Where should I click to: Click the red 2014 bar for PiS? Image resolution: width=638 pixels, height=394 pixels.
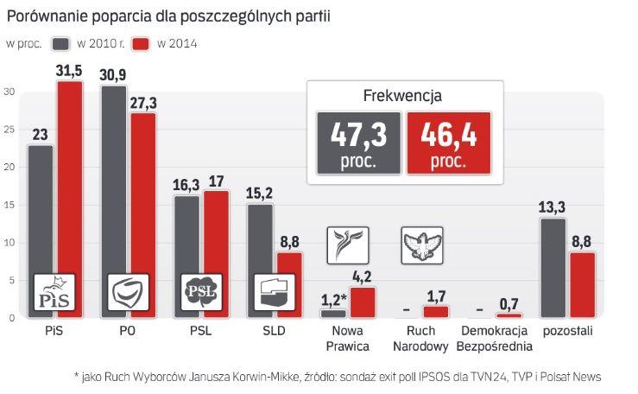coord(70,190)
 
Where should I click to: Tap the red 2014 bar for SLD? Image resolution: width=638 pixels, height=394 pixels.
coord(289,276)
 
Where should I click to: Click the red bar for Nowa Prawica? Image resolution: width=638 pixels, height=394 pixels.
coord(363,302)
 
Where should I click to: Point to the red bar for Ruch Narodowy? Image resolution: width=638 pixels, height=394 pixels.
coord(435,312)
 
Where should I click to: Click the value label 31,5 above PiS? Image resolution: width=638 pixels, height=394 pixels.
coord(70,71)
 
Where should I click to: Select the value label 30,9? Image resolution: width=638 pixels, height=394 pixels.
coord(113,74)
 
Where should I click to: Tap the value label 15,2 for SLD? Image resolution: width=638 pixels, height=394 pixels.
coord(260,193)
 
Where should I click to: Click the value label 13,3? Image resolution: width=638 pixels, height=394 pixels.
coord(553,207)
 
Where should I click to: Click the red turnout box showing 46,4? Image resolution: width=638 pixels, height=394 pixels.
coord(448,143)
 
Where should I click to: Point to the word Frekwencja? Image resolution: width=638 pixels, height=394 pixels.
coord(405,97)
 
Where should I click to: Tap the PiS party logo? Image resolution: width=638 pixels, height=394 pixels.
coord(54,292)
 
